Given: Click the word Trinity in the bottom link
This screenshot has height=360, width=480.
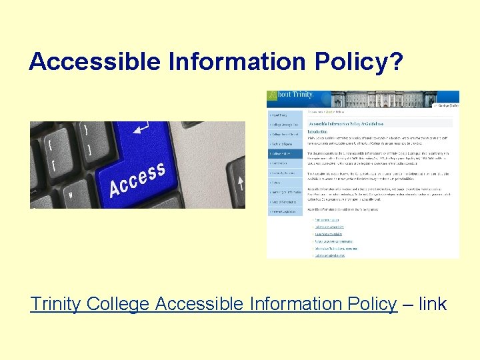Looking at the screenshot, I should point(55,304).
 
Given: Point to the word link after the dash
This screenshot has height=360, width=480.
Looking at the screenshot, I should point(433,304).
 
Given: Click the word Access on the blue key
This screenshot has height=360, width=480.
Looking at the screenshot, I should point(137,179).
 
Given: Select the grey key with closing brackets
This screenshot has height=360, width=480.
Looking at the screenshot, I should point(85,137).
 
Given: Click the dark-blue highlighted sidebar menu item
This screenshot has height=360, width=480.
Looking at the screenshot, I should point(285,153).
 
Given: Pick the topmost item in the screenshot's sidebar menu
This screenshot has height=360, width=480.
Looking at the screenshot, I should point(285,113).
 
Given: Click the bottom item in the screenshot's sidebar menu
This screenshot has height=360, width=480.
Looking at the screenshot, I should point(285,211).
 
